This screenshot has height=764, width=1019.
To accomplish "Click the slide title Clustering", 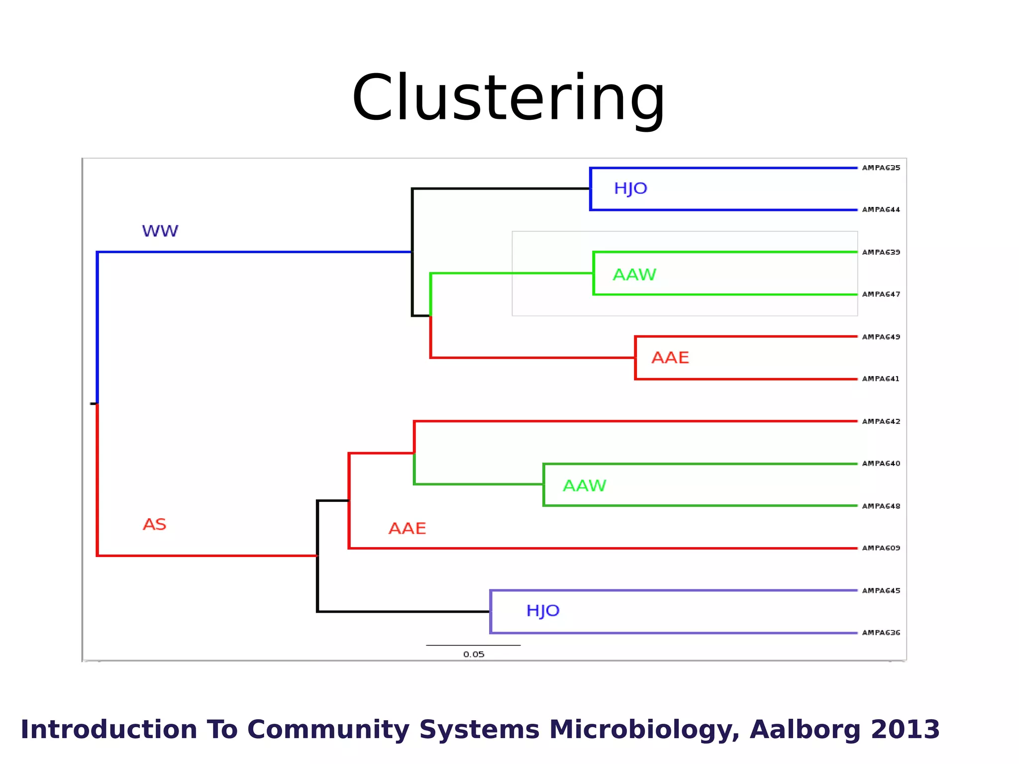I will click(x=509, y=98).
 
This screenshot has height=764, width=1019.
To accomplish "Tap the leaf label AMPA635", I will click(x=881, y=168).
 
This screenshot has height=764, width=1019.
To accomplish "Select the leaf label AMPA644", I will click(x=881, y=210).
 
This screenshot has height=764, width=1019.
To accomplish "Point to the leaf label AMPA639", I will click(x=881, y=253).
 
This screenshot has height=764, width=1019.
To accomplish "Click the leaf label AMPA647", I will click(x=881, y=294).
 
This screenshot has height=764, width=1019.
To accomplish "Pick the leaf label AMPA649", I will click(x=881, y=337).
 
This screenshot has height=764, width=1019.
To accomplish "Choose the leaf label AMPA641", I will click(x=881, y=379).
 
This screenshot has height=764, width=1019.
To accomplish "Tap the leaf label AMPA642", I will click(x=881, y=422).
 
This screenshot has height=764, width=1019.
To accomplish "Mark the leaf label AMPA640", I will click(x=881, y=464).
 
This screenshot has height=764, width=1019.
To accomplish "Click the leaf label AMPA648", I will click(x=881, y=506).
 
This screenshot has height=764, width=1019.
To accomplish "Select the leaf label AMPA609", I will click(x=881, y=548).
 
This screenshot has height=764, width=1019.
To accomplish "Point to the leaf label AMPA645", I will click(x=881, y=591).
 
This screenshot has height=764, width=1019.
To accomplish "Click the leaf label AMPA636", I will click(x=881, y=633).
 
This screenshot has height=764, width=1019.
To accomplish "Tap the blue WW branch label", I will click(x=160, y=231).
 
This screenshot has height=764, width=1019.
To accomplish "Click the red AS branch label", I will click(x=154, y=525).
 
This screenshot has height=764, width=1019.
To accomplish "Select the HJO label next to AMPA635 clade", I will click(x=630, y=189).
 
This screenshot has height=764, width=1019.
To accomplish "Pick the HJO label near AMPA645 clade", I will click(x=543, y=611).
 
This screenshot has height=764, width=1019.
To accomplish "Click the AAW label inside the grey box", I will click(x=634, y=275).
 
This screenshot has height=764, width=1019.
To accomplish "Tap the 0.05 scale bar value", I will click(x=474, y=655).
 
